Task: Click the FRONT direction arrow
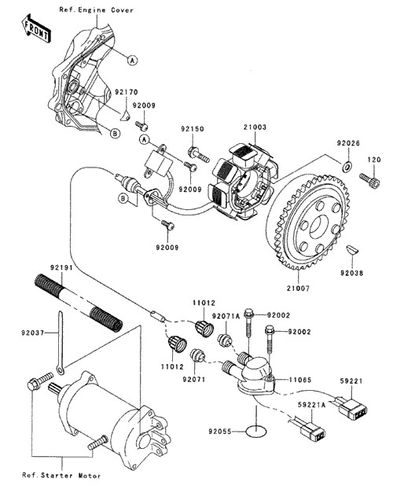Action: pos(35,28)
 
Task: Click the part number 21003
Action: pos(255,127)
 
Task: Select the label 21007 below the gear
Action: pos(298,288)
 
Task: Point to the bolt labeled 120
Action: pos(369,181)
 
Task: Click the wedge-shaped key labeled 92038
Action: pos(352,249)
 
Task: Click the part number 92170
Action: pos(126,92)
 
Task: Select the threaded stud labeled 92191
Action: pos(78,303)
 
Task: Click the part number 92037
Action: pos(33,333)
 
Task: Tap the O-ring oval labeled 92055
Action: pos(256,431)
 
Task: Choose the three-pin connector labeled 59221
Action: pos(352,407)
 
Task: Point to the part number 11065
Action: pos(300,380)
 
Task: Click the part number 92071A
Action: pos(226,316)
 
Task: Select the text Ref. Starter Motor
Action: pos(61,476)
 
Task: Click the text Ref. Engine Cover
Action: pos(97,10)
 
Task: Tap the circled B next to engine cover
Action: pos(116,134)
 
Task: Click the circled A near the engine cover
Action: pos(133,60)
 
